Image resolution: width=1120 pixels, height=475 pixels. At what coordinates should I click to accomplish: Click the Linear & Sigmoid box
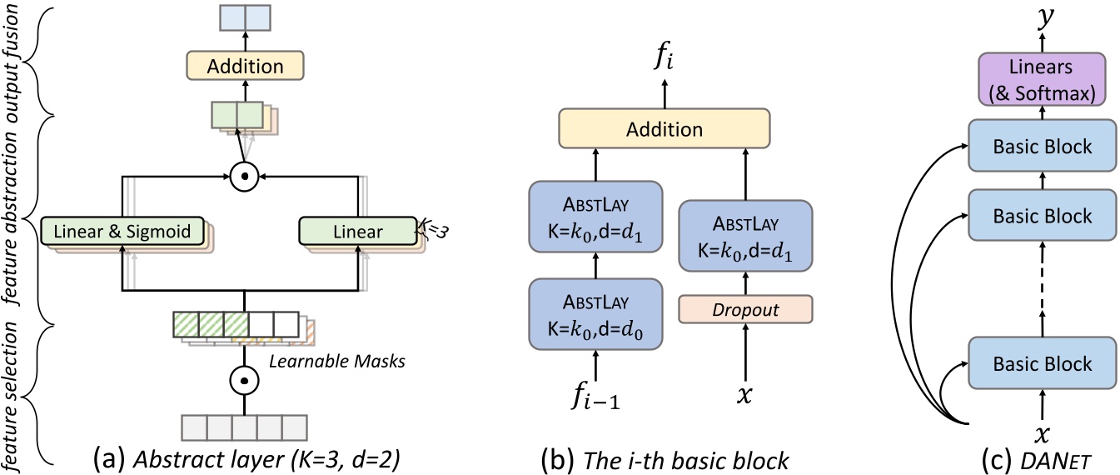point(122,231)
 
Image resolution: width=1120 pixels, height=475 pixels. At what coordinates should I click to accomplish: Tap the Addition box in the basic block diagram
point(664,130)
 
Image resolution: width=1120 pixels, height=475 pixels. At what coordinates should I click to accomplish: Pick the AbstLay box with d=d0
point(595,312)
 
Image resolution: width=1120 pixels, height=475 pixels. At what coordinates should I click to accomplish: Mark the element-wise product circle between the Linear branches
point(244,177)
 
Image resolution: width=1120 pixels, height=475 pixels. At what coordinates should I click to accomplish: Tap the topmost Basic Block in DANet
point(1041,147)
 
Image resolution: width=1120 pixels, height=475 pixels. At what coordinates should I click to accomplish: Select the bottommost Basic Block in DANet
point(1041,364)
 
